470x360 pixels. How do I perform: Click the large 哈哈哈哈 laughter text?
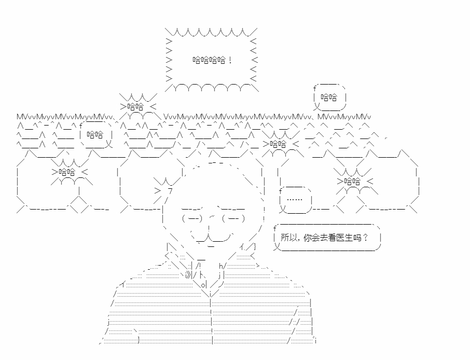coord(209,60)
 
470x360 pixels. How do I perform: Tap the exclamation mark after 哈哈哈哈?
coord(230,60)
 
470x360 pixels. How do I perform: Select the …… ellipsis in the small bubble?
coord(295,199)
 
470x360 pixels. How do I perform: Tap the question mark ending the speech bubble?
coord(365,238)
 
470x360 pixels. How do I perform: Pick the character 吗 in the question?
coord(357,238)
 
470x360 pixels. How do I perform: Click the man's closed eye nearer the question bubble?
coord(233,218)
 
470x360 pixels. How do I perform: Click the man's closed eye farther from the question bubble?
coord(192,218)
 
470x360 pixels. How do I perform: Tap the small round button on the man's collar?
coord(203,285)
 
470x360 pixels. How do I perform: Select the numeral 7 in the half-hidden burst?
coord(170,191)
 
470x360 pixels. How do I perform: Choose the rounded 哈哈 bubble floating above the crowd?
coord(329,97)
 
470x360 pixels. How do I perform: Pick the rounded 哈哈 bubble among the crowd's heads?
coord(95,134)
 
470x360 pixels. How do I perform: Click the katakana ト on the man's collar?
coord(202,275)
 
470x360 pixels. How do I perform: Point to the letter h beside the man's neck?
coord(221,266)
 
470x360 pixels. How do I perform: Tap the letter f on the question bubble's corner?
coord(275,229)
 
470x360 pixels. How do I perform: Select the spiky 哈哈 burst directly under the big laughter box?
coord(138,106)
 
